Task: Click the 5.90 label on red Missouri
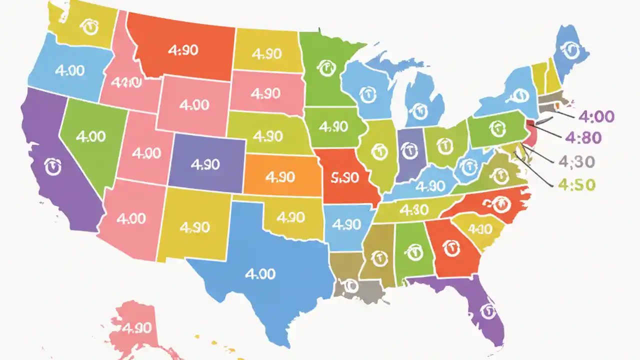pos(345,177)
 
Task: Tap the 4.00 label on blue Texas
pos(260,273)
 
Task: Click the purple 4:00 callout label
pos(596,116)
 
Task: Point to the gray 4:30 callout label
pos(576,161)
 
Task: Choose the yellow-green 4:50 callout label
pos(576,184)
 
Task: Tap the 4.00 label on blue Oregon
pos(69,70)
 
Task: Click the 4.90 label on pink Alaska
pos(136,328)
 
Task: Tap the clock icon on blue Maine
pos(569,48)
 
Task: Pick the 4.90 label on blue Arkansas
pos(346,224)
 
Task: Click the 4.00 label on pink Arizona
pos(131,218)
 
